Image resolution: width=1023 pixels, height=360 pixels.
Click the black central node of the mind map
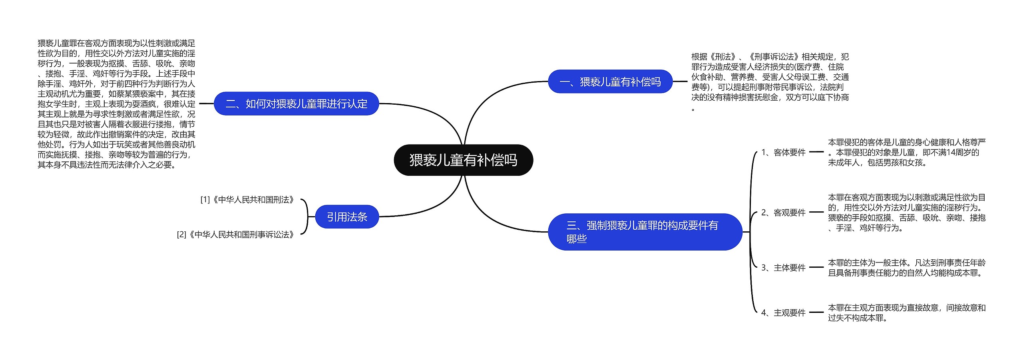(463, 160)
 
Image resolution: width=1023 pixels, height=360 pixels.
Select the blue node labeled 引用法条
(347, 217)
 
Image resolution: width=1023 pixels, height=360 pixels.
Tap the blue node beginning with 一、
(610, 82)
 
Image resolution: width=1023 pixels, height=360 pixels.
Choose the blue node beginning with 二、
(296, 103)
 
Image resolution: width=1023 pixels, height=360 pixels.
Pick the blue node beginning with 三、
(645, 232)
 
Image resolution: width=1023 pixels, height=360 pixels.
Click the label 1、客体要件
(783, 152)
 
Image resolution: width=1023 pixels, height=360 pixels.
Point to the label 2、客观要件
(783, 213)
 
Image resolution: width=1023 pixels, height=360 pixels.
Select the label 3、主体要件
(783, 268)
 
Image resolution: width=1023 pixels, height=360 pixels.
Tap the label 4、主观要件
(783, 313)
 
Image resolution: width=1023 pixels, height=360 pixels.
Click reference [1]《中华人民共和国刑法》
(248, 199)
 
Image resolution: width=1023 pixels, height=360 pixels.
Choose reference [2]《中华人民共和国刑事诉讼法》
(237, 235)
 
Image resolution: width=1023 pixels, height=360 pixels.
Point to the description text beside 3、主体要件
(906, 268)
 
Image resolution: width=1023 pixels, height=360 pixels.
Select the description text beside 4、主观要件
(906, 313)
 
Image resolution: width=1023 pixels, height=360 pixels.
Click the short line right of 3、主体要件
(816, 267)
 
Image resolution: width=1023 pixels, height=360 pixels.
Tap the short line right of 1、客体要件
(816, 152)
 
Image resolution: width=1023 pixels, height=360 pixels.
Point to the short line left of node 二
(206, 103)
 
